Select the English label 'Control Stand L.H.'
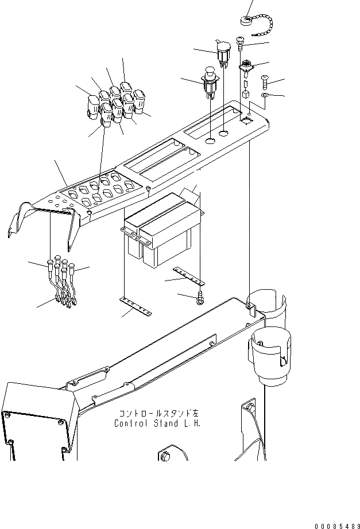158,424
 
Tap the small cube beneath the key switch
245,94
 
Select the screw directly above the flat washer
266,80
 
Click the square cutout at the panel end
247,120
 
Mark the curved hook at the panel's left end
19,218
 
